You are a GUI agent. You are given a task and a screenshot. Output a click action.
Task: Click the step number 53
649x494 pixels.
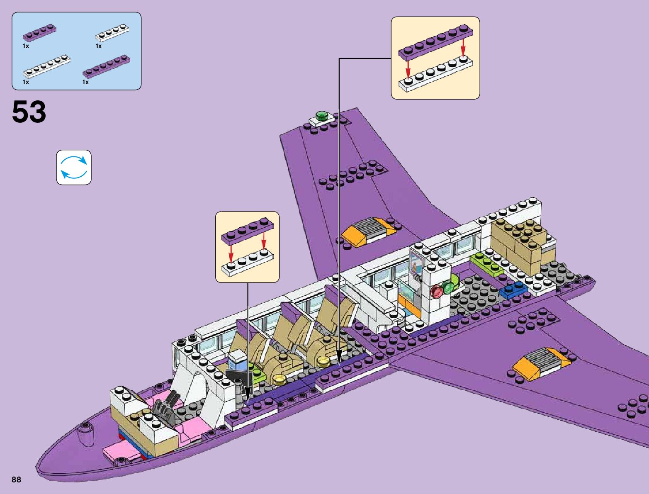(29, 112)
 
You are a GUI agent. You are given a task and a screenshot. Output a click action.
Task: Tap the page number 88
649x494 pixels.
(16, 480)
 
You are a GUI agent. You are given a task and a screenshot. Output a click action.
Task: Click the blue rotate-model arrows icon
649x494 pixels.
(74, 168)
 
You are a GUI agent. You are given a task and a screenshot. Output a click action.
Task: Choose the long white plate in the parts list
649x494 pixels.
(46, 66)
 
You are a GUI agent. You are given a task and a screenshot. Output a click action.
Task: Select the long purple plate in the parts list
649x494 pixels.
(106, 66)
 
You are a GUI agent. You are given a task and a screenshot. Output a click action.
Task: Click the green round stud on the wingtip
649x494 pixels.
(321, 115)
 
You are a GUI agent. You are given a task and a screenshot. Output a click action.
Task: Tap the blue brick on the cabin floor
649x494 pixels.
(513, 291)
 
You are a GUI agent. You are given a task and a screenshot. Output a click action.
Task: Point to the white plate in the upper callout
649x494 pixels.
(435, 75)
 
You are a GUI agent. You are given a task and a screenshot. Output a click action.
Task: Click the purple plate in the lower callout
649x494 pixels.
(248, 231)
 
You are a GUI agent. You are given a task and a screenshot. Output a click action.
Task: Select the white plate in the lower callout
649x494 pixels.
(248, 261)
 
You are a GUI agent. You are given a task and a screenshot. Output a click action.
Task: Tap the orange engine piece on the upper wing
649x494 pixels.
(368, 231)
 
